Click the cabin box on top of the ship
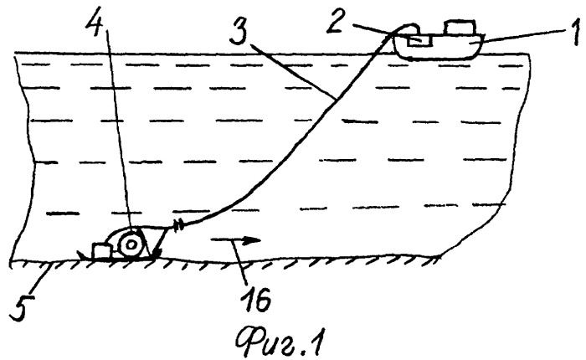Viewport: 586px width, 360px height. pyautogui.click(x=460, y=28)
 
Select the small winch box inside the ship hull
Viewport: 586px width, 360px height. pyautogui.click(x=419, y=39)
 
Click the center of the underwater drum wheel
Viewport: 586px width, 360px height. pyautogui.click(x=131, y=245)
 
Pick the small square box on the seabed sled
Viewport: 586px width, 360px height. pyautogui.click(x=101, y=250)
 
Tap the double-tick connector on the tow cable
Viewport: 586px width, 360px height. pyautogui.click(x=177, y=225)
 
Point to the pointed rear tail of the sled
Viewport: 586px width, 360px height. pyautogui.click(x=80, y=255)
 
